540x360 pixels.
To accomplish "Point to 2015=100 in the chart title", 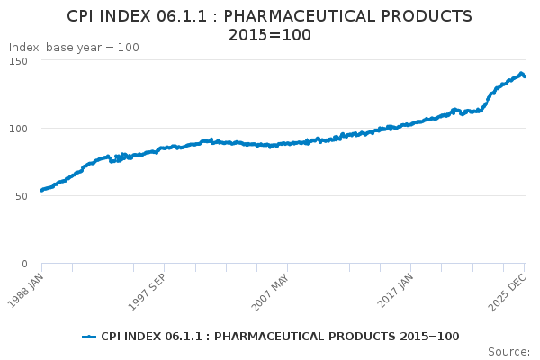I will point(270,35).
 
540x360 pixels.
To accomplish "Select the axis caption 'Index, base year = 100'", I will point(74,48).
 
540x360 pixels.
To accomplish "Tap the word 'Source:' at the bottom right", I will point(508,351).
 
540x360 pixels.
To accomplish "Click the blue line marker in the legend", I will point(89,337).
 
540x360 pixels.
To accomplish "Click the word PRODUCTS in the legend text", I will point(351,337).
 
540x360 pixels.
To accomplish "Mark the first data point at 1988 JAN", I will point(41,190).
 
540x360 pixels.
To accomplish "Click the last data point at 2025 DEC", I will point(525,76).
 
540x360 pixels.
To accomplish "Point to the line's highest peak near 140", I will point(521,73).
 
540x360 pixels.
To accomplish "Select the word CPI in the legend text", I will point(112,337).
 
